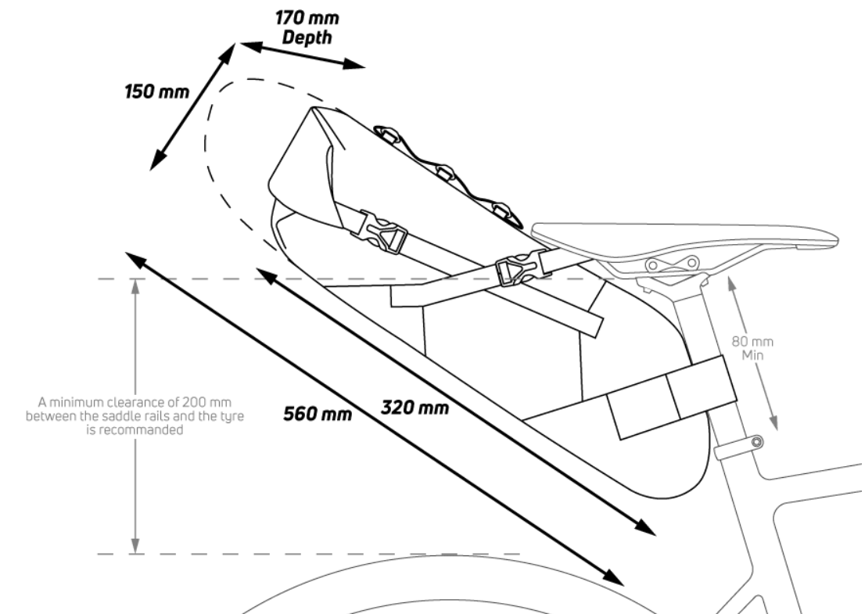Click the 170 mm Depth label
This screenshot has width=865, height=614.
pyautogui.click(x=307, y=27)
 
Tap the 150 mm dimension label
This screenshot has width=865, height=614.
pyautogui.click(x=157, y=92)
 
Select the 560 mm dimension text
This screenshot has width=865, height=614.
pyautogui.click(x=318, y=414)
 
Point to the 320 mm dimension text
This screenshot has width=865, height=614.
pyautogui.click(x=415, y=408)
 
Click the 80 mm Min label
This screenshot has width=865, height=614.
pyautogui.click(x=752, y=348)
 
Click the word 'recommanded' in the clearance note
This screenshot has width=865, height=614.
pyautogui.click(x=135, y=429)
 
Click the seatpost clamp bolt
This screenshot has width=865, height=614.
pyautogui.click(x=757, y=441)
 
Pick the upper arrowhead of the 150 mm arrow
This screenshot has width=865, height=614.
pyautogui.click(x=228, y=51)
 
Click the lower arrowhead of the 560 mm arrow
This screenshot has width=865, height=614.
pyautogui.click(x=614, y=577)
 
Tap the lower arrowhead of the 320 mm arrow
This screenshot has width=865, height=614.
pyautogui.click(x=645, y=528)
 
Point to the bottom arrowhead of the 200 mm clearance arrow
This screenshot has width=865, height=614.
pyautogui.click(x=135, y=545)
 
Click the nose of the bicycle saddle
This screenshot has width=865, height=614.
pyautogui.click(x=835, y=240)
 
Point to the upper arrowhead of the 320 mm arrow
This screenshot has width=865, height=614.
pyautogui.click(x=267, y=275)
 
